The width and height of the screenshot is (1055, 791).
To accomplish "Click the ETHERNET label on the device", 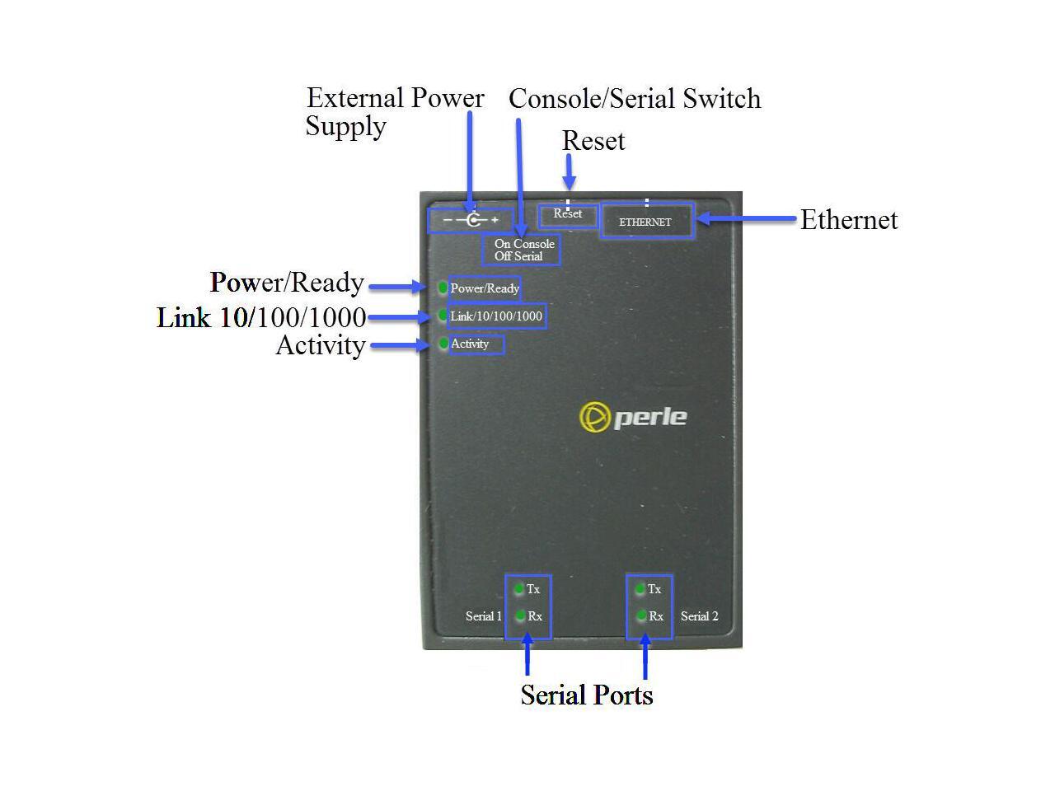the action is coord(645,222).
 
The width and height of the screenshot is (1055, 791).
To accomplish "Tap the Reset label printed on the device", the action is coord(568,213).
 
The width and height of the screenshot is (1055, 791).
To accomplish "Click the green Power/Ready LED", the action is coord(442,288).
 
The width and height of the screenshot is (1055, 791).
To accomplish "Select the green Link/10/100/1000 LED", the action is coord(442,315).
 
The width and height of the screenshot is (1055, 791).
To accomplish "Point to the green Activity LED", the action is coord(443,344).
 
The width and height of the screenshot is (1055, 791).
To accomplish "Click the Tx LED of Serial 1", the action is coord(518,589).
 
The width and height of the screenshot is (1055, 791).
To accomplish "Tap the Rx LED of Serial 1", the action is coord(519,615).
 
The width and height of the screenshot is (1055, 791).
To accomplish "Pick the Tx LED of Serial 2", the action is coord(640,589).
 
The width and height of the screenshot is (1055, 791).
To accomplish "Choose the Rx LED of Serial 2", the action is coord(640,615).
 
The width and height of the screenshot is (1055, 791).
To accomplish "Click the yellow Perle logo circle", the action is coord(594,417).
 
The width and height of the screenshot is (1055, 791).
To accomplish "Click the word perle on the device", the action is coord(650,418).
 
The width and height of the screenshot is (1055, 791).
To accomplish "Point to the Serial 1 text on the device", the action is coord(483,616).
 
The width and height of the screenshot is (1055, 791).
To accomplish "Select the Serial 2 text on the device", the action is coord(699,616).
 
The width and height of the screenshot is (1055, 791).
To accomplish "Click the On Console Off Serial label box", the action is coord(521,250).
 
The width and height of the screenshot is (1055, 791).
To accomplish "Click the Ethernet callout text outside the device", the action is coord(849,220).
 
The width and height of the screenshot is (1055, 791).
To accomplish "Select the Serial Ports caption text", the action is coord(587,695).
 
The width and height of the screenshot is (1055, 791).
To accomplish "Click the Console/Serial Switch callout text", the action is coord(635,98).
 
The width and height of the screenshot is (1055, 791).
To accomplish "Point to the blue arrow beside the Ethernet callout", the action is coord(746,218).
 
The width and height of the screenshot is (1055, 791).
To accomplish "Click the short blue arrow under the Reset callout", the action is coord(569,172).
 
